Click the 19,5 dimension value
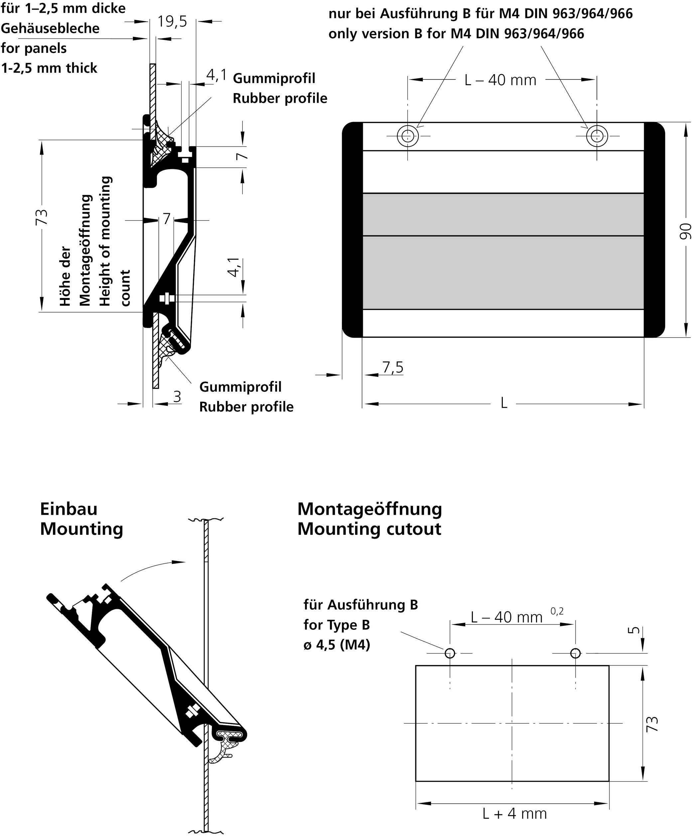point(172,22)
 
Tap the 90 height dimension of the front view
point(684,231)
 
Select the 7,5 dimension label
point(393,367)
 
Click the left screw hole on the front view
point(407,136)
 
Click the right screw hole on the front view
point(597,136)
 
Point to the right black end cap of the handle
point(654,230)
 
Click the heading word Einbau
point(69,509)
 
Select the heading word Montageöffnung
point(369,509)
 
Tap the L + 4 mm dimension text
point(514,813)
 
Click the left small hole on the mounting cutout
point(450,653)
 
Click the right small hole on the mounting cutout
point(575,653)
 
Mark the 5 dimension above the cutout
point(636,630)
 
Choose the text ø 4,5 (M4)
point(337,644)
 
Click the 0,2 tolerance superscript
point(557,611)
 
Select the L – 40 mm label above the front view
point(500,80)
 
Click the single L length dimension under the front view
point(504,403)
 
